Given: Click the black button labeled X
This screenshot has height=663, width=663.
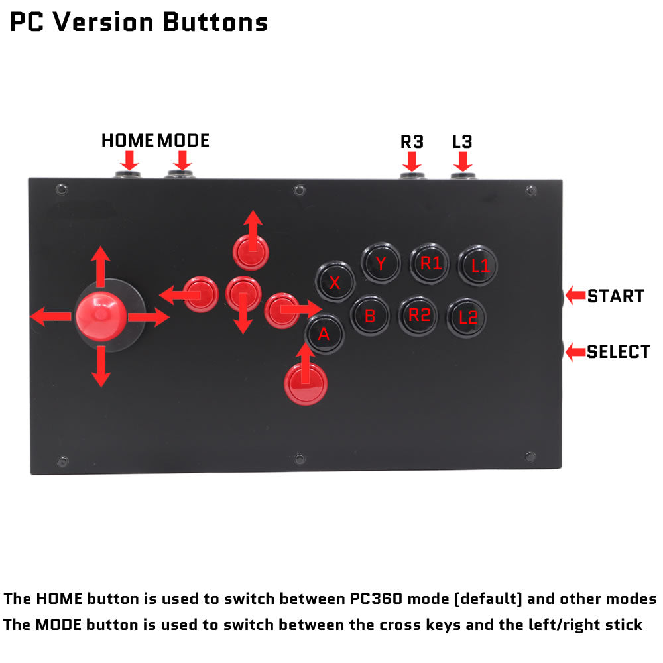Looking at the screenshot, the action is [x=335, y=281].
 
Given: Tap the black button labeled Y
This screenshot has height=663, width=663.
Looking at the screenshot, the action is [x=381, y=263].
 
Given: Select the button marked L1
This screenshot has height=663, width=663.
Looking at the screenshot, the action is [x=478, y=265].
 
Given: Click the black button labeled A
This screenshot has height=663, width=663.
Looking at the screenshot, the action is [x=324, y=333].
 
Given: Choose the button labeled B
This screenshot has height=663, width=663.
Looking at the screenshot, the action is [x=370, y=316].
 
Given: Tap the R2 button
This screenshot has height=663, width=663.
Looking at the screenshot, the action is [x=418, y=316].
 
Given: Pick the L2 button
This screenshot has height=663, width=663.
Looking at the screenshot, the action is [x=466, y=318].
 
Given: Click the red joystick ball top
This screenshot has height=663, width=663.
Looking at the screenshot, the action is [x=101, y=316].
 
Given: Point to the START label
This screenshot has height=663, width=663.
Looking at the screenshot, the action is [x=616, y=296].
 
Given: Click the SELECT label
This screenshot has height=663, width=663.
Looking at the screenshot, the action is [x=619, y=352].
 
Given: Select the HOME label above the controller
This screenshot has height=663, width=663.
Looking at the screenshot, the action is [x=127, y=141].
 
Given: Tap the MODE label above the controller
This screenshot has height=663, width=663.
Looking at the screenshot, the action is [x=184, y=141].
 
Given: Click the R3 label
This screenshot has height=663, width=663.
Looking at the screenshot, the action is [x=412, y=142].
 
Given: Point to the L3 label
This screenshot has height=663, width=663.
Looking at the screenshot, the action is [x=462, y=142].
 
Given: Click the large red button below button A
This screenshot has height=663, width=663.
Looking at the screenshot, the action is [x=306, y=384].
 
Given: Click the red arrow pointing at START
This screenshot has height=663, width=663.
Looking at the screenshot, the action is [x=575, y=295].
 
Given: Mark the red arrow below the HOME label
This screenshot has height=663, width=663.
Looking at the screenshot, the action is [x=129, y=160].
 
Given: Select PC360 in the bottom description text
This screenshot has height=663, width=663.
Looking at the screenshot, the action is [x=376, y=599].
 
